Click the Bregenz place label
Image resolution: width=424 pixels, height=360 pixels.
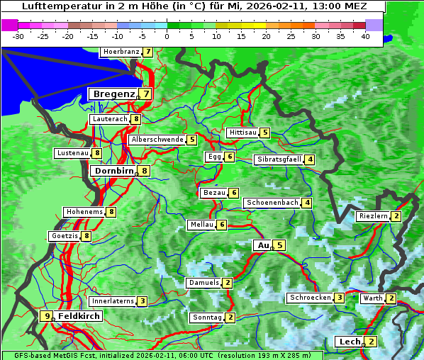[113, 94]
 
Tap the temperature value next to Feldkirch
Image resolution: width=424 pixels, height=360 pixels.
[47, 316]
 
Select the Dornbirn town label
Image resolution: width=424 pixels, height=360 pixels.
[112, 171]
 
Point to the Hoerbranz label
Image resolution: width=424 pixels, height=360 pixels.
[120, 52]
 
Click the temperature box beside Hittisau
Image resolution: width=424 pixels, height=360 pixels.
[265, 133]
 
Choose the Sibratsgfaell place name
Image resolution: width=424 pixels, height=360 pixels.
[279, 159]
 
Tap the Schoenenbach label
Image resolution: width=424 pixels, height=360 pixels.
[272, 203]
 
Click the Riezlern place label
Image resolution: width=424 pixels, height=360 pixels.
[373, 216]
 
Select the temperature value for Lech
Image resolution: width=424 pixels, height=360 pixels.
[372, 342]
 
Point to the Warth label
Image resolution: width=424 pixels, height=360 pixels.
[372, 298]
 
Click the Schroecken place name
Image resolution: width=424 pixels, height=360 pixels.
[310, 298]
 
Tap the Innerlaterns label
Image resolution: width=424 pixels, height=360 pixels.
[113, 301]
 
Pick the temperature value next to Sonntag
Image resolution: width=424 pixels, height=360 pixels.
[230, 317]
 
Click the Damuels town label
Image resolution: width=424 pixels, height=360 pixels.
[203, 283]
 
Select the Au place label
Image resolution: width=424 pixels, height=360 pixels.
[263, 245]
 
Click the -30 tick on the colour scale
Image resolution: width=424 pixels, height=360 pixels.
[19, 35]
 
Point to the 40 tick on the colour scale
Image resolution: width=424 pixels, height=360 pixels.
[365, 35]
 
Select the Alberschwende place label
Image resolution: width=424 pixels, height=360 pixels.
[157, 140]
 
